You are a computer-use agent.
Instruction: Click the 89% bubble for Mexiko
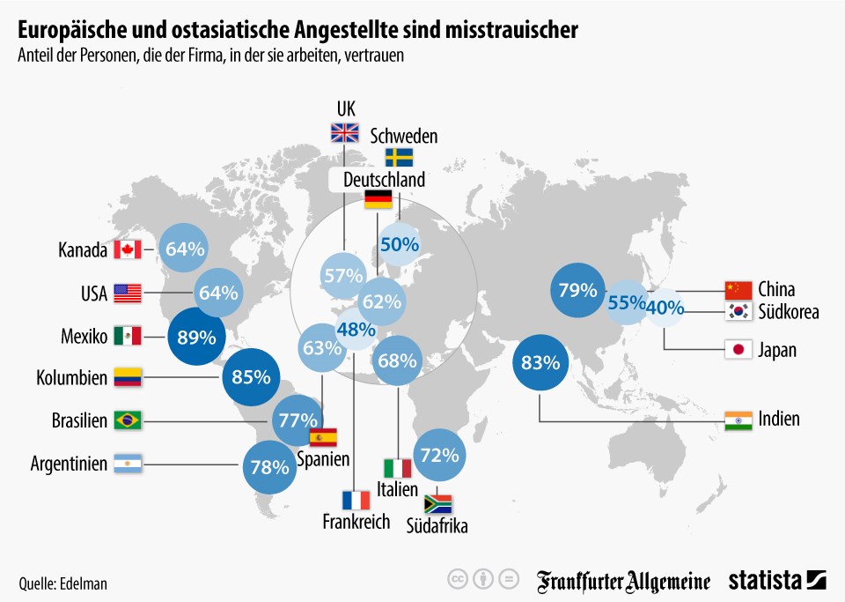pos(196,337)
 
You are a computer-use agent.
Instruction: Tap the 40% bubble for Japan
pos(665,308)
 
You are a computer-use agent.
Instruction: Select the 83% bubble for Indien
pos(540,362)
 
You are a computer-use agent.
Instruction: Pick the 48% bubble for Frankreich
pos(356,329)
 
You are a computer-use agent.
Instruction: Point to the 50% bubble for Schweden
pos(400,244)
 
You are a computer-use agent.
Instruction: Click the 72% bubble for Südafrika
pos(439,455)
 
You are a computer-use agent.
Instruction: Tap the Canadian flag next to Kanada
pos(128,249)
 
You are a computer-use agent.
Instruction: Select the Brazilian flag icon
pos(128,420)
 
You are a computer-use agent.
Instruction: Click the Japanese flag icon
pos(738,350)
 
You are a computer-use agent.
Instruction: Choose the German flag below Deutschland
pos(378,199)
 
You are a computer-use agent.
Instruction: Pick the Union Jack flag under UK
pos(345,133)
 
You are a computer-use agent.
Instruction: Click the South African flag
pos(437,504)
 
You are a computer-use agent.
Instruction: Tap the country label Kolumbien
pos(71,377)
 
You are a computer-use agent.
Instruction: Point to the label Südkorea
pos(789,312)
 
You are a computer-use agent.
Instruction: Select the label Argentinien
pos(69,464)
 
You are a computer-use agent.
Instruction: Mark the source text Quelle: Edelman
pos(63,583)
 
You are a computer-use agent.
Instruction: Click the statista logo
pos(777,581)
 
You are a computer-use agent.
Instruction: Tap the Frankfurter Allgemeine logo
pos(623,582)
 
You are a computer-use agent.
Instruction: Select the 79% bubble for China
pos(577,290)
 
